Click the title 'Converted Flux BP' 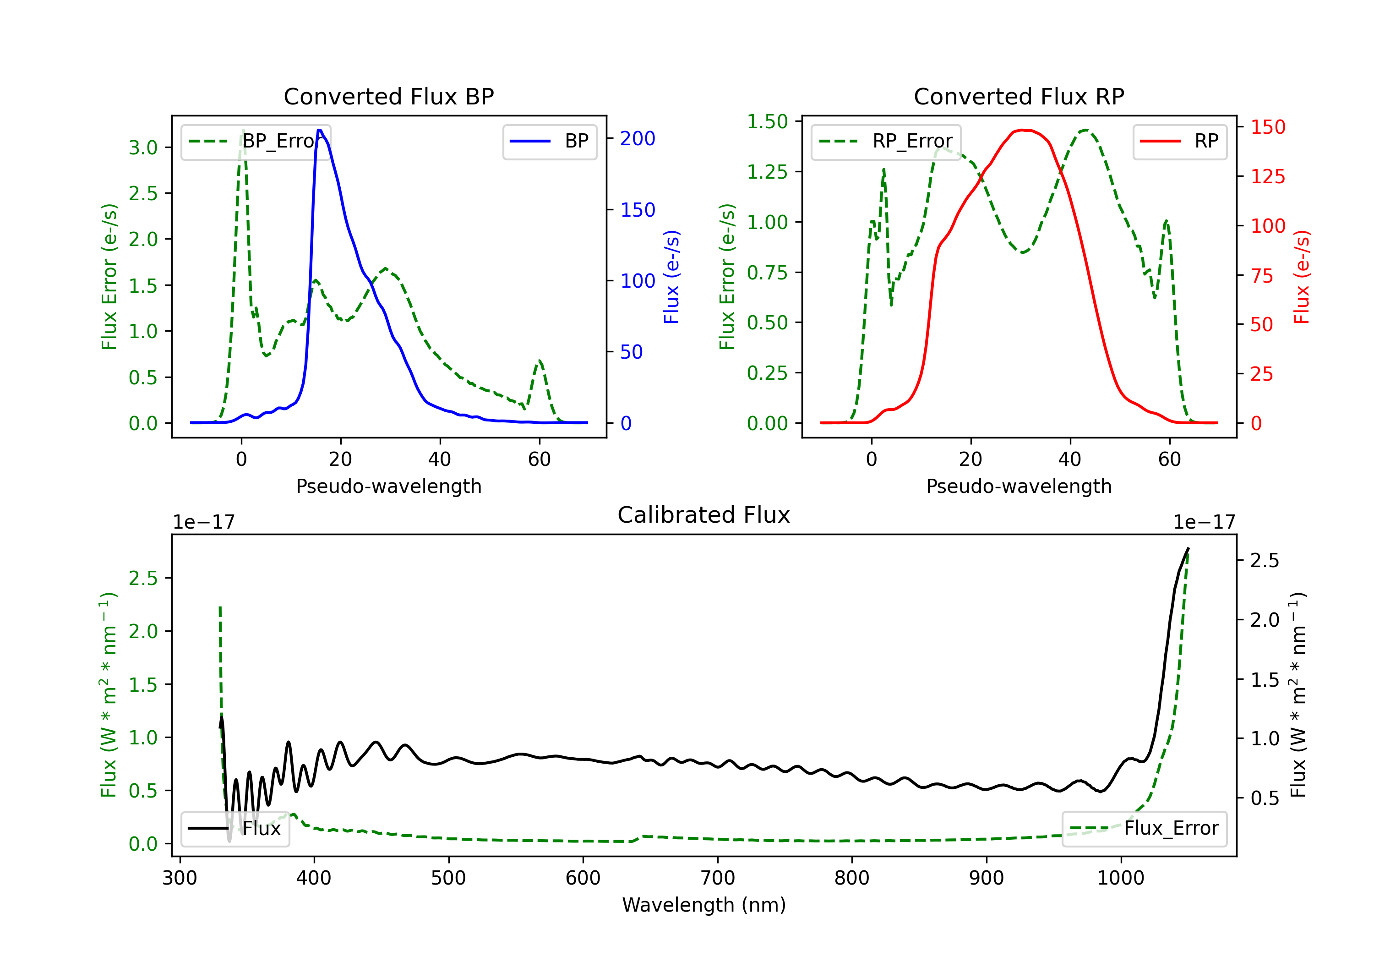pos(388,96)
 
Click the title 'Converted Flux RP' pos(1019,96)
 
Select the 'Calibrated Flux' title pos(704,515)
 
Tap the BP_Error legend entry pos(256,141)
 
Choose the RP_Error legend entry pos(886,141)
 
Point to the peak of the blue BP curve pos(320,130)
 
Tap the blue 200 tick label pos(638,138)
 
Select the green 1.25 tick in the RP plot pos(767,172)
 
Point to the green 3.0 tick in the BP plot pos(143,147)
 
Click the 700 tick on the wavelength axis pos(718,878)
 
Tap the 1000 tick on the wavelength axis pos(1121,878)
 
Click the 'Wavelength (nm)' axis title pos(704,905)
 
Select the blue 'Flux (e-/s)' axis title pos(672,277)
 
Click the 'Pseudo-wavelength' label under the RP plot pos(1019,486)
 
